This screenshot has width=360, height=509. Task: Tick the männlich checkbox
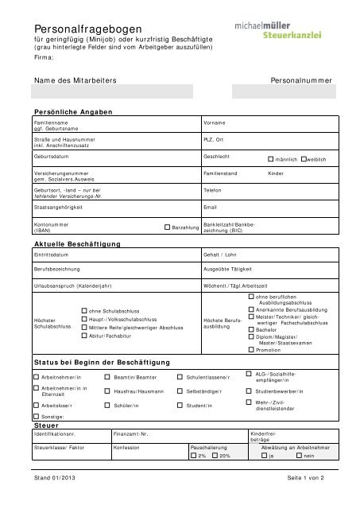tap(271, 158)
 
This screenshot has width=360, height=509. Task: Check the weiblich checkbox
tap(304, 158)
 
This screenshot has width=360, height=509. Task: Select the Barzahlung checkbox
tap(167, 227)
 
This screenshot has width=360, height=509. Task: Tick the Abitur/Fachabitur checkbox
tap(84, 336)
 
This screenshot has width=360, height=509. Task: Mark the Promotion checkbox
tap(250, 349)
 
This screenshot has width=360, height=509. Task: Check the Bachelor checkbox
tap(250, 329)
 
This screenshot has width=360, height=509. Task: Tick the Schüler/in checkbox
tap(108, 405)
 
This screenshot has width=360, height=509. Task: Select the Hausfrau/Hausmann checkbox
tap(108, 390)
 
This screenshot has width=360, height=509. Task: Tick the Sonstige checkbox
tap(36, 416)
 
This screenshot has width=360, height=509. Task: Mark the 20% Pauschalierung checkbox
tap(215, 456)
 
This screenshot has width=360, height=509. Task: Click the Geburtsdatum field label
tap(49, 156)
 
